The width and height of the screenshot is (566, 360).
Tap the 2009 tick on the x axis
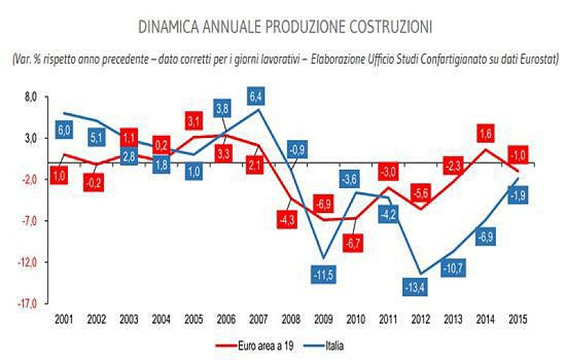(x=323, y=319)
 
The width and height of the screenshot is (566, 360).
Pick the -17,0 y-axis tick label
(x=30, y=304)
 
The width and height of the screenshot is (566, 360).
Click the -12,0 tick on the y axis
(x=30, y=262)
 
